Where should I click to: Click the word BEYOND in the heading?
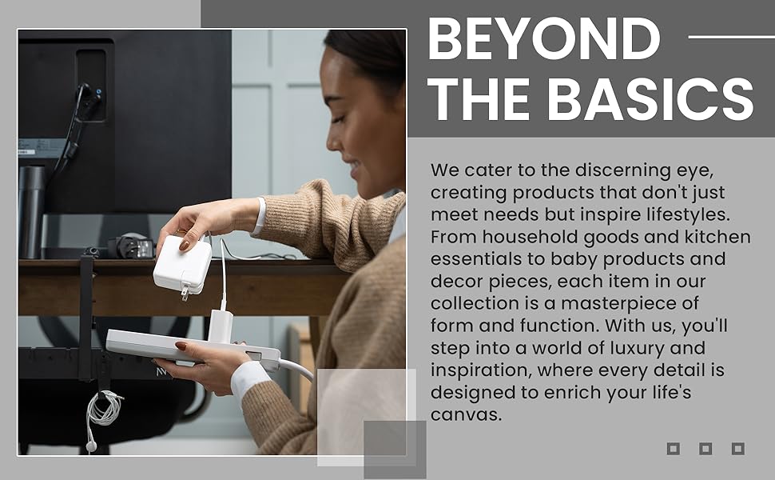coord(544,38)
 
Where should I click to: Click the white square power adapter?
coord(183,264)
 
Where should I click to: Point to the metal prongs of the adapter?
coord(185,291)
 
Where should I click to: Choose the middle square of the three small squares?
coord(705,449)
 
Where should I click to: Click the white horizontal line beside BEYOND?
coord(731,37)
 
